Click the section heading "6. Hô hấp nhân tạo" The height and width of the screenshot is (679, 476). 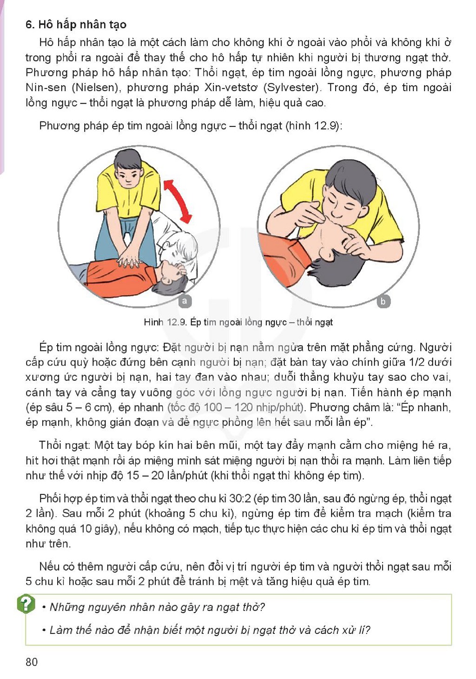[x=76, y=25]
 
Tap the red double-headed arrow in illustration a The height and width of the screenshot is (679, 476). [x=178, y=200]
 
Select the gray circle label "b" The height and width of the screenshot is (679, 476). [x=383, y=301]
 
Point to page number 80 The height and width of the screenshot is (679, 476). [x=32, y=662]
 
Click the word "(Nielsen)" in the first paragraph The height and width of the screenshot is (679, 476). [x=95, y=87]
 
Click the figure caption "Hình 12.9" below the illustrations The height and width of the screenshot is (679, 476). [x=165, y=322]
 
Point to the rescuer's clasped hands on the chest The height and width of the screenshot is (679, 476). [x=130, y=260]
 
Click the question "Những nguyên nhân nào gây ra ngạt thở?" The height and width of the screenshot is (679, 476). [x=157, y=607]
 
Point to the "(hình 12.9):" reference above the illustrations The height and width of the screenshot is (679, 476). [x=314, y=126]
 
